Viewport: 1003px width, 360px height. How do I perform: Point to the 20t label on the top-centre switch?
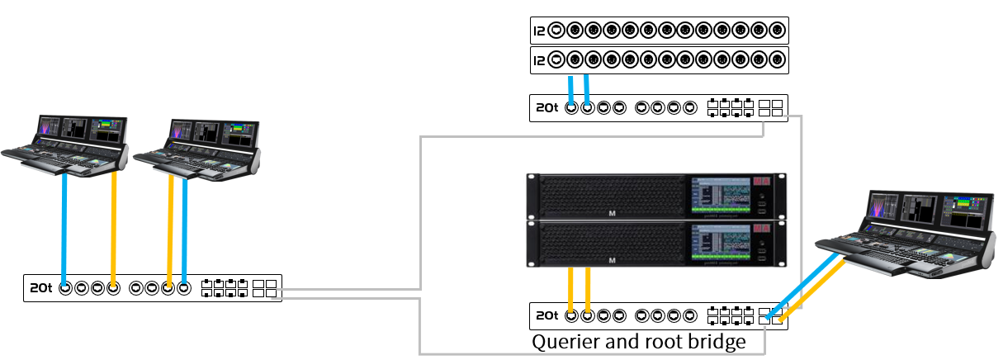[546, 108]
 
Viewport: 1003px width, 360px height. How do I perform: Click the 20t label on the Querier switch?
[546, 315]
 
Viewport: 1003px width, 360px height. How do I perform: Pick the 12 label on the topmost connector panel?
[540, 31]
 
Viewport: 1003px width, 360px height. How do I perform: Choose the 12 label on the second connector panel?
[540, 59]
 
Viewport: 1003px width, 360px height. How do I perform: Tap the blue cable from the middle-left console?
[184, 227]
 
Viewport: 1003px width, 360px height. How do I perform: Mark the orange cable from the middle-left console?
[169, 227]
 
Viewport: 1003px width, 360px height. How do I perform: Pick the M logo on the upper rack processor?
[612, 214]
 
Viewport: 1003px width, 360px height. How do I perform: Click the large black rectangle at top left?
[223, 50]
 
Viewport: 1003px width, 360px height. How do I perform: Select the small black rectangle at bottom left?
[120, 337]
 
